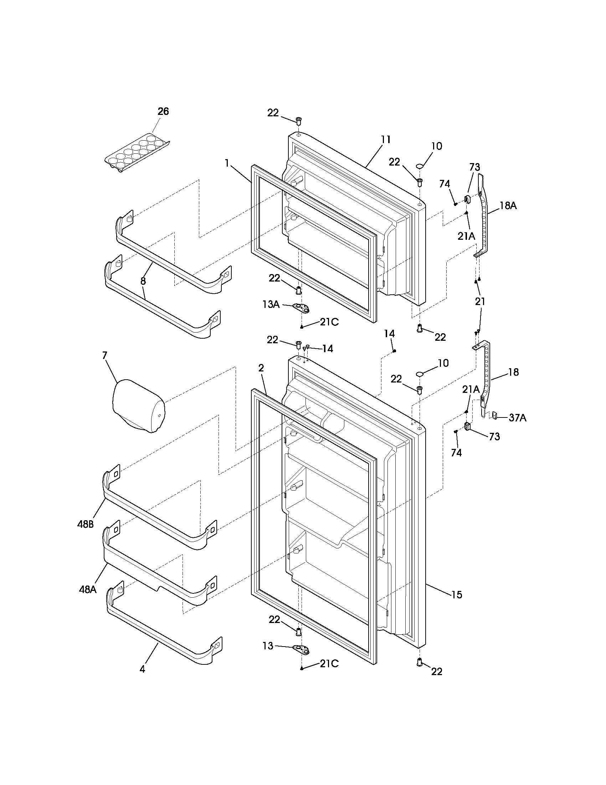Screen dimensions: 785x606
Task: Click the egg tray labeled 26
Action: coord(137,152)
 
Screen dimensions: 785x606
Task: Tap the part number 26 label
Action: coord(163,111)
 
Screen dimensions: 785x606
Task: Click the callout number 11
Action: coord(386,140)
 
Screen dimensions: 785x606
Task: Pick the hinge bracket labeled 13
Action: coord(301,648)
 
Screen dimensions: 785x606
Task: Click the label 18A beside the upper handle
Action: coord(508,206)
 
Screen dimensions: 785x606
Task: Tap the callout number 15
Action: coord(456,595)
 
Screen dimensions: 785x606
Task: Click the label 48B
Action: coord(85,525)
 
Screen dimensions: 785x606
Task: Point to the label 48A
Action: coord(88,590)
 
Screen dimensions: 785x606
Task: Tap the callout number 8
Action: coord(143,281)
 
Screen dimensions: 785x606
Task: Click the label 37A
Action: coord(517,418)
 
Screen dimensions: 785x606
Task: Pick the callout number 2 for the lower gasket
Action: coord(261,368)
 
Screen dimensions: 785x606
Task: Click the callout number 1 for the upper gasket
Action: coord(227,163)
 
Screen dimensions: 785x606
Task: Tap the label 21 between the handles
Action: coord(480,302)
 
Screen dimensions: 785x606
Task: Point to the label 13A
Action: coord(271,304)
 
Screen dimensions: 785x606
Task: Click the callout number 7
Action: coord(104,355)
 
